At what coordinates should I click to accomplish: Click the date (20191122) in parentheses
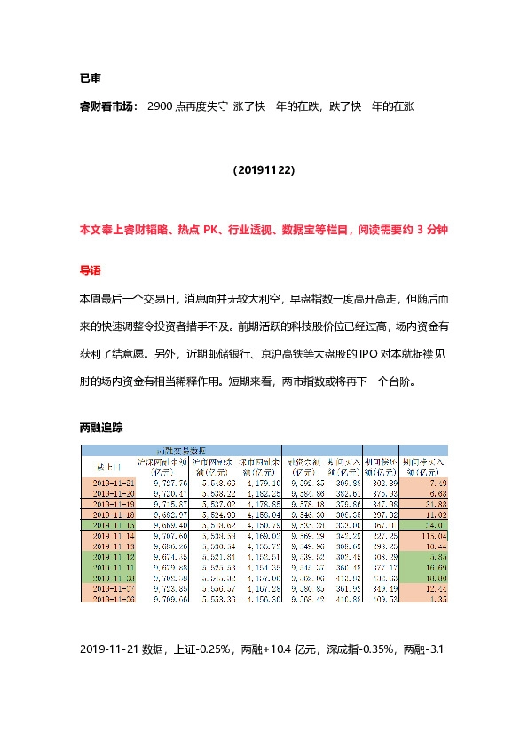coord(264,169)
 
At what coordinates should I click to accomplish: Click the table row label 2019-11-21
coord(113,481)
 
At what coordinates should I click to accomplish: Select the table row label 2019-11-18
coord(113,514)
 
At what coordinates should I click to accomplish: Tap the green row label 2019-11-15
coord(113,525)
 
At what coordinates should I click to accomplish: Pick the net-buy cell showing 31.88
coord(420,503)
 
